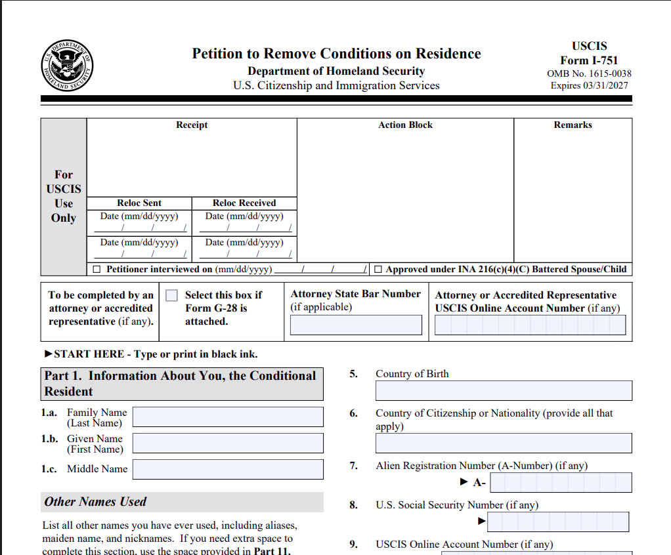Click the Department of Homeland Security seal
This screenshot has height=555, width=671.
[x=66, y=66]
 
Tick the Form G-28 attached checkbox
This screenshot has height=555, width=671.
[x=171, y=296]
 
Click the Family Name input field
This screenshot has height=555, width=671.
[x=228, y=417]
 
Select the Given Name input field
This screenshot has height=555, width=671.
[x=228, y=443]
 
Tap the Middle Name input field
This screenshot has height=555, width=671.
[x=228, y=469]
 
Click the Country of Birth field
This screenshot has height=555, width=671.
[x=504, y=391]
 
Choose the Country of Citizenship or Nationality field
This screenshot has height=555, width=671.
[x=504, y=443]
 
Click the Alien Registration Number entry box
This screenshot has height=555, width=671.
[x=561, y=483]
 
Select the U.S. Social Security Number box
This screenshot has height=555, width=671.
[x=558, y=522]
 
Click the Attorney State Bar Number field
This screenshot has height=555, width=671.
[x=356, y=325]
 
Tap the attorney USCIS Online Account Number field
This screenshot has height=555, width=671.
[x=530, y=325]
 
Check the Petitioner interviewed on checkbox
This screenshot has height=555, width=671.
[x=97, y=270]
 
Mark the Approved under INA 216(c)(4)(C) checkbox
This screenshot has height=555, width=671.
[x=378, y=270]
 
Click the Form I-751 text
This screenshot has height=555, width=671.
[x=589, y=60]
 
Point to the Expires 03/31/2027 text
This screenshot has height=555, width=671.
[x=589, y=86]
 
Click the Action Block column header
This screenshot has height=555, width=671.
[x=405, y=125]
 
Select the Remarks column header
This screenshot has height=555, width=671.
[x=573, y=125]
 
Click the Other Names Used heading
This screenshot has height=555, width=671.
[x=95, y=502]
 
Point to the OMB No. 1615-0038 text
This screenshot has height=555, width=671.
[x=589, y=73]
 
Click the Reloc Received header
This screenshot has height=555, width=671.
[x=244, y=203]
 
